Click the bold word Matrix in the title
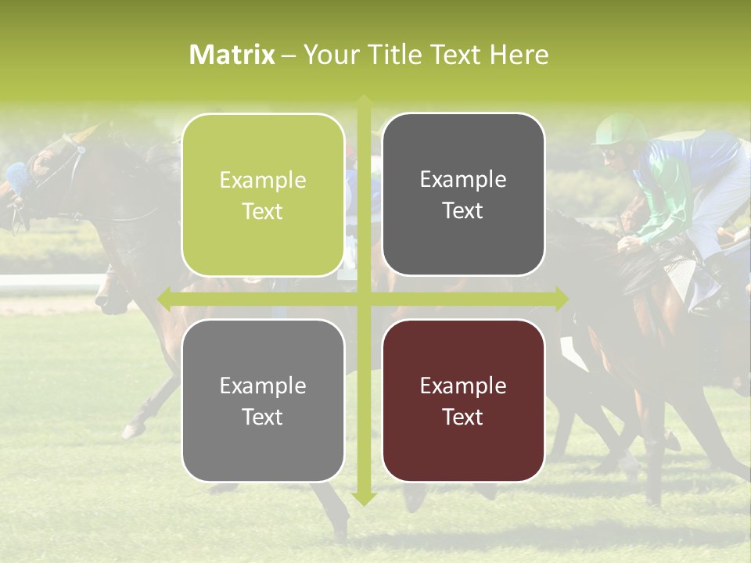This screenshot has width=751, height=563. (232, 55)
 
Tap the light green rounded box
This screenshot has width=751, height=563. (263, 195)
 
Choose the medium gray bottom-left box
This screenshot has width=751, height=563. (263, 400)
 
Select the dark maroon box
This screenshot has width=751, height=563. (463, 400)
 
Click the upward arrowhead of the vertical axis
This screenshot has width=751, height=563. (364, 102)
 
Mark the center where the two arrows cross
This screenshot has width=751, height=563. (364, 299)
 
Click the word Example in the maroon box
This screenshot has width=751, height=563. (463, 385)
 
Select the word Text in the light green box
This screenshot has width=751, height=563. (263, 211)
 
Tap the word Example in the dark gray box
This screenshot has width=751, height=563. (463, 179)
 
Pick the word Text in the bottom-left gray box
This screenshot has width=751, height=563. (263, 417)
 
